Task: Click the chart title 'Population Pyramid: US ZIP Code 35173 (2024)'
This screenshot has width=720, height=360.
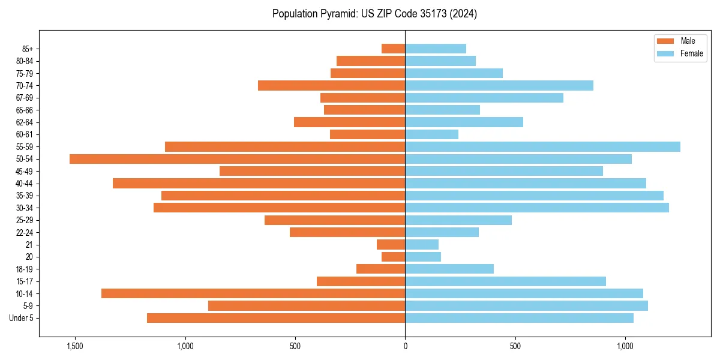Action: [x=374, y=14]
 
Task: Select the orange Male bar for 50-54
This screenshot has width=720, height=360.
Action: [x=237, y=159]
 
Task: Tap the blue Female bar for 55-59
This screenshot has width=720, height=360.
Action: [x=542, y=147]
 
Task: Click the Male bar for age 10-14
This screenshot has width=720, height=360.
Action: [x=253, y=293]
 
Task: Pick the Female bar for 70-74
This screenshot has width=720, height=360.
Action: [x=499, y=86]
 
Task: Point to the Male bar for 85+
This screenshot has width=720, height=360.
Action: [x=393, y=49]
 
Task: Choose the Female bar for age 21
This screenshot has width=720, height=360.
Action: [x=422, y=245]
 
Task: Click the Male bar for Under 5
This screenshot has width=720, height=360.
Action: [x=276, y=318]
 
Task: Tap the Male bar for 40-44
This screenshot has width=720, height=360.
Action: [x=259, y=184]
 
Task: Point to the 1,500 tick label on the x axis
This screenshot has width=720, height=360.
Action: [x=75, y=346]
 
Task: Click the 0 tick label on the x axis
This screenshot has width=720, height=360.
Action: [x=405, y=346]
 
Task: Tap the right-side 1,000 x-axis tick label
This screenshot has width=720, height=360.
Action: [x=625, y=346]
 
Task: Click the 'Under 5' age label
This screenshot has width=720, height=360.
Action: [x=21, y=318]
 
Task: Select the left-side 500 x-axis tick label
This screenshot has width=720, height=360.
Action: [x=295, y=346]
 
